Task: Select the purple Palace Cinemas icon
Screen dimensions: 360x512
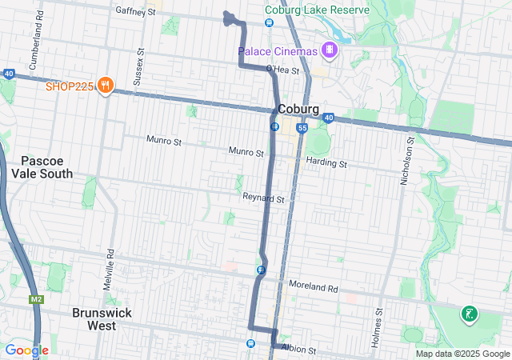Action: (x=329, y=50)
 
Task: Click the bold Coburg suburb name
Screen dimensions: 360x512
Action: (x=298, y=110)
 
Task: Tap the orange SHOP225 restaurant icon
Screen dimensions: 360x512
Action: (x=105, y=86)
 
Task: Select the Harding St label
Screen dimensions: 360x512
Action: (x=326, y=163)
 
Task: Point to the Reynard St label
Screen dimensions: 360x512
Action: (x=264, y=197)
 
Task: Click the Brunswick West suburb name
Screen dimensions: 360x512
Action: (x=105, y=319)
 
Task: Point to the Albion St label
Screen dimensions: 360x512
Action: (x=298, y=350)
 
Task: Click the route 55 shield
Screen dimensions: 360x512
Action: (x=302, y=128)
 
